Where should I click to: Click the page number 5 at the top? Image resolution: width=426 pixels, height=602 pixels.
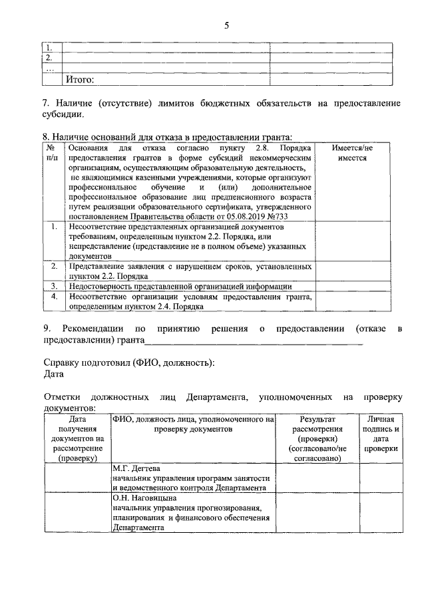pos(226,26)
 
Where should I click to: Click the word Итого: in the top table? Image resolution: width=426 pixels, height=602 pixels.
pos(79,80)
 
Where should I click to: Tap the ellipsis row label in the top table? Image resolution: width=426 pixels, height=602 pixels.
pos(51,69)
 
